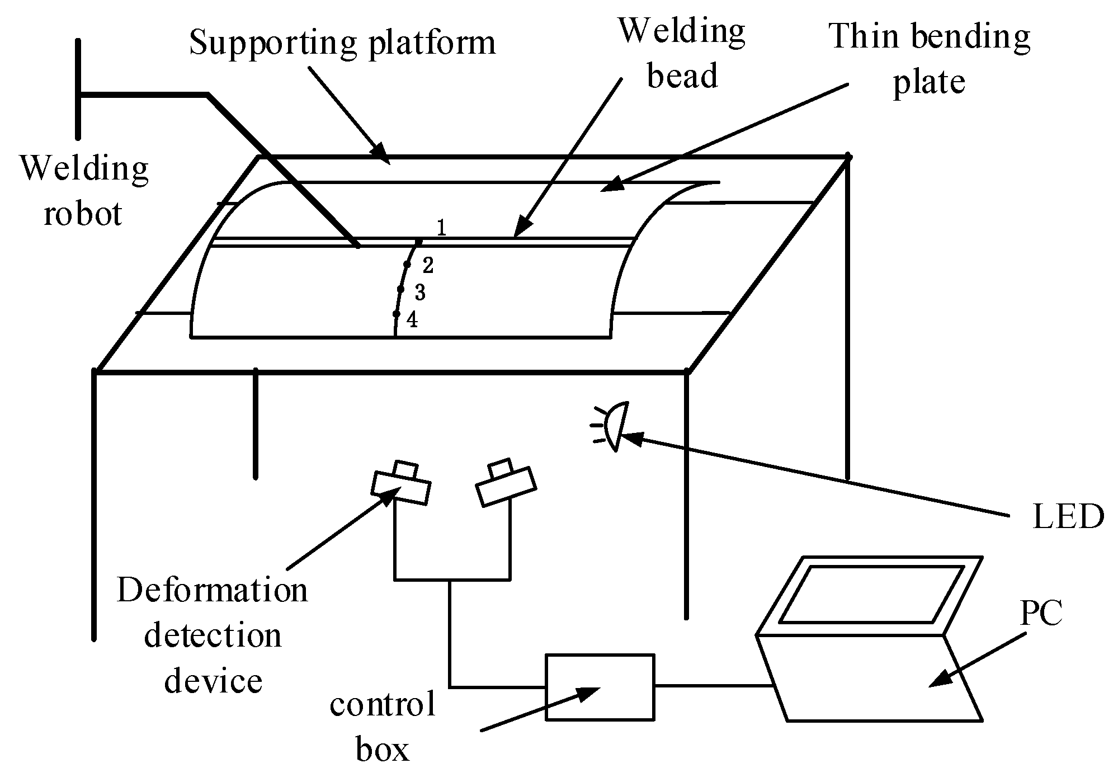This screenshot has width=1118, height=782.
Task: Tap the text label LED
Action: click(x=1067, y=517)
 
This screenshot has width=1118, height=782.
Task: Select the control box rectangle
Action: click(x=600, y=686)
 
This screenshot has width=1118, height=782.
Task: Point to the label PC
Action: click(x=1041, y=613)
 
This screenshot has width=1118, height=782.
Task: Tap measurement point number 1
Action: click(x=441, y=228)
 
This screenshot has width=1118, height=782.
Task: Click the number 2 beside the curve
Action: click(x=428, y=266)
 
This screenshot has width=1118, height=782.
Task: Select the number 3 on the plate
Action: click(x=420, y=292)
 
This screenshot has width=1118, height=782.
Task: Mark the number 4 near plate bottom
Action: click(x=412, y=320)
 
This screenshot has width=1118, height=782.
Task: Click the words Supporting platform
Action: click(x=342, y=43)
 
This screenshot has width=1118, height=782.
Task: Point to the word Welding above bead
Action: click(x=682, y=31)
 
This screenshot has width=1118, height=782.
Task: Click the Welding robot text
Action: click(x=84, y=191)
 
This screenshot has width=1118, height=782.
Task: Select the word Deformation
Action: click(x=212, y=591)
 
